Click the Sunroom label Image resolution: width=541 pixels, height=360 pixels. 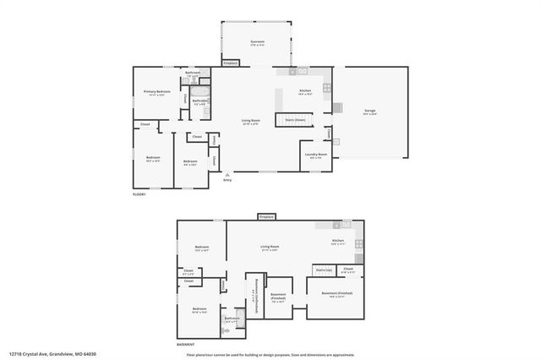(258, 42)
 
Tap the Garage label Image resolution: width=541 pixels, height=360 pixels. (370, 112)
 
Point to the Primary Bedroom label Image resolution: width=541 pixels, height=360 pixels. (156, 92)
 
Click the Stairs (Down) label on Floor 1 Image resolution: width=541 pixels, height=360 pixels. (295, 120)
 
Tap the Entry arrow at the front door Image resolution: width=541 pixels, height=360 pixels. (227, 175)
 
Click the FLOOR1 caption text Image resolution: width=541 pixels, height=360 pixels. (139, 194)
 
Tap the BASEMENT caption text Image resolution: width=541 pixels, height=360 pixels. (186, 344)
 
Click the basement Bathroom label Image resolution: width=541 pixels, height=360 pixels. (232, 319)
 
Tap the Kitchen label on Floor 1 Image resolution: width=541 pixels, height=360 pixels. (305, 91)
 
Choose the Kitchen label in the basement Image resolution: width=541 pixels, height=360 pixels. (338, 242)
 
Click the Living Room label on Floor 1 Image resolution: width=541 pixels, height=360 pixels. (250, 121)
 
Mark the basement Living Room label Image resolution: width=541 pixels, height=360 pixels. (270, 247)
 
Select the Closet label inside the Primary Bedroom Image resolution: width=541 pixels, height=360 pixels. (185, 99)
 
